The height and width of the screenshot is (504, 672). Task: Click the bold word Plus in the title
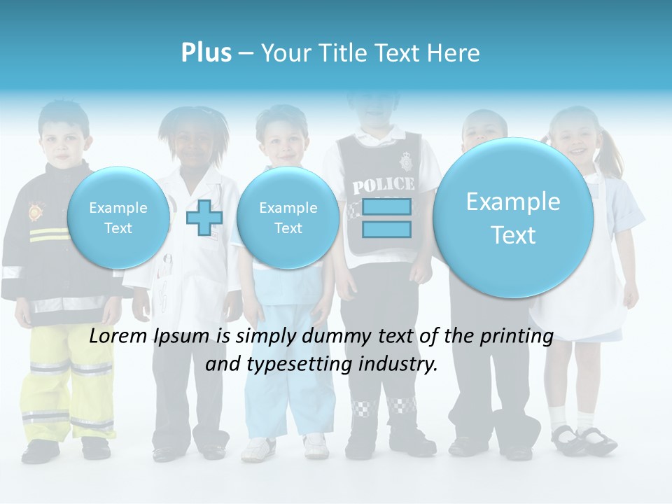206,53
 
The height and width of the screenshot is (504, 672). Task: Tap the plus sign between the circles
204,217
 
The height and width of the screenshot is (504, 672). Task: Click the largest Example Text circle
513,218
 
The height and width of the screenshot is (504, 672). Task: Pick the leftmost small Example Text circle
118,218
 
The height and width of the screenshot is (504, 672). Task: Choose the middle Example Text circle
288,218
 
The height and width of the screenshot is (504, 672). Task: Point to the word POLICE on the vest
383,185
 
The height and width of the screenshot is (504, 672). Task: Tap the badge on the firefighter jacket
34,211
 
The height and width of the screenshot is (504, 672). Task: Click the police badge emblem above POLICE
405,163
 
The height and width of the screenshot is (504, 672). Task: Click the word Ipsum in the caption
185,336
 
